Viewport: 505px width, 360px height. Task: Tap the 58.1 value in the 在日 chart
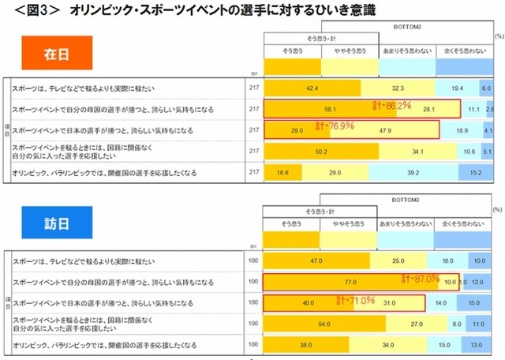(330, 109)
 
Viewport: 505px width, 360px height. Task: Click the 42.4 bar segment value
(312, 88)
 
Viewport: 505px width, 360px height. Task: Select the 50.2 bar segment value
(320, 150)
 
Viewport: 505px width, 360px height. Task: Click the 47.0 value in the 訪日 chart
(316, 260)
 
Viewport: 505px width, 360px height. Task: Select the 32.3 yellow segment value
(398, 88)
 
